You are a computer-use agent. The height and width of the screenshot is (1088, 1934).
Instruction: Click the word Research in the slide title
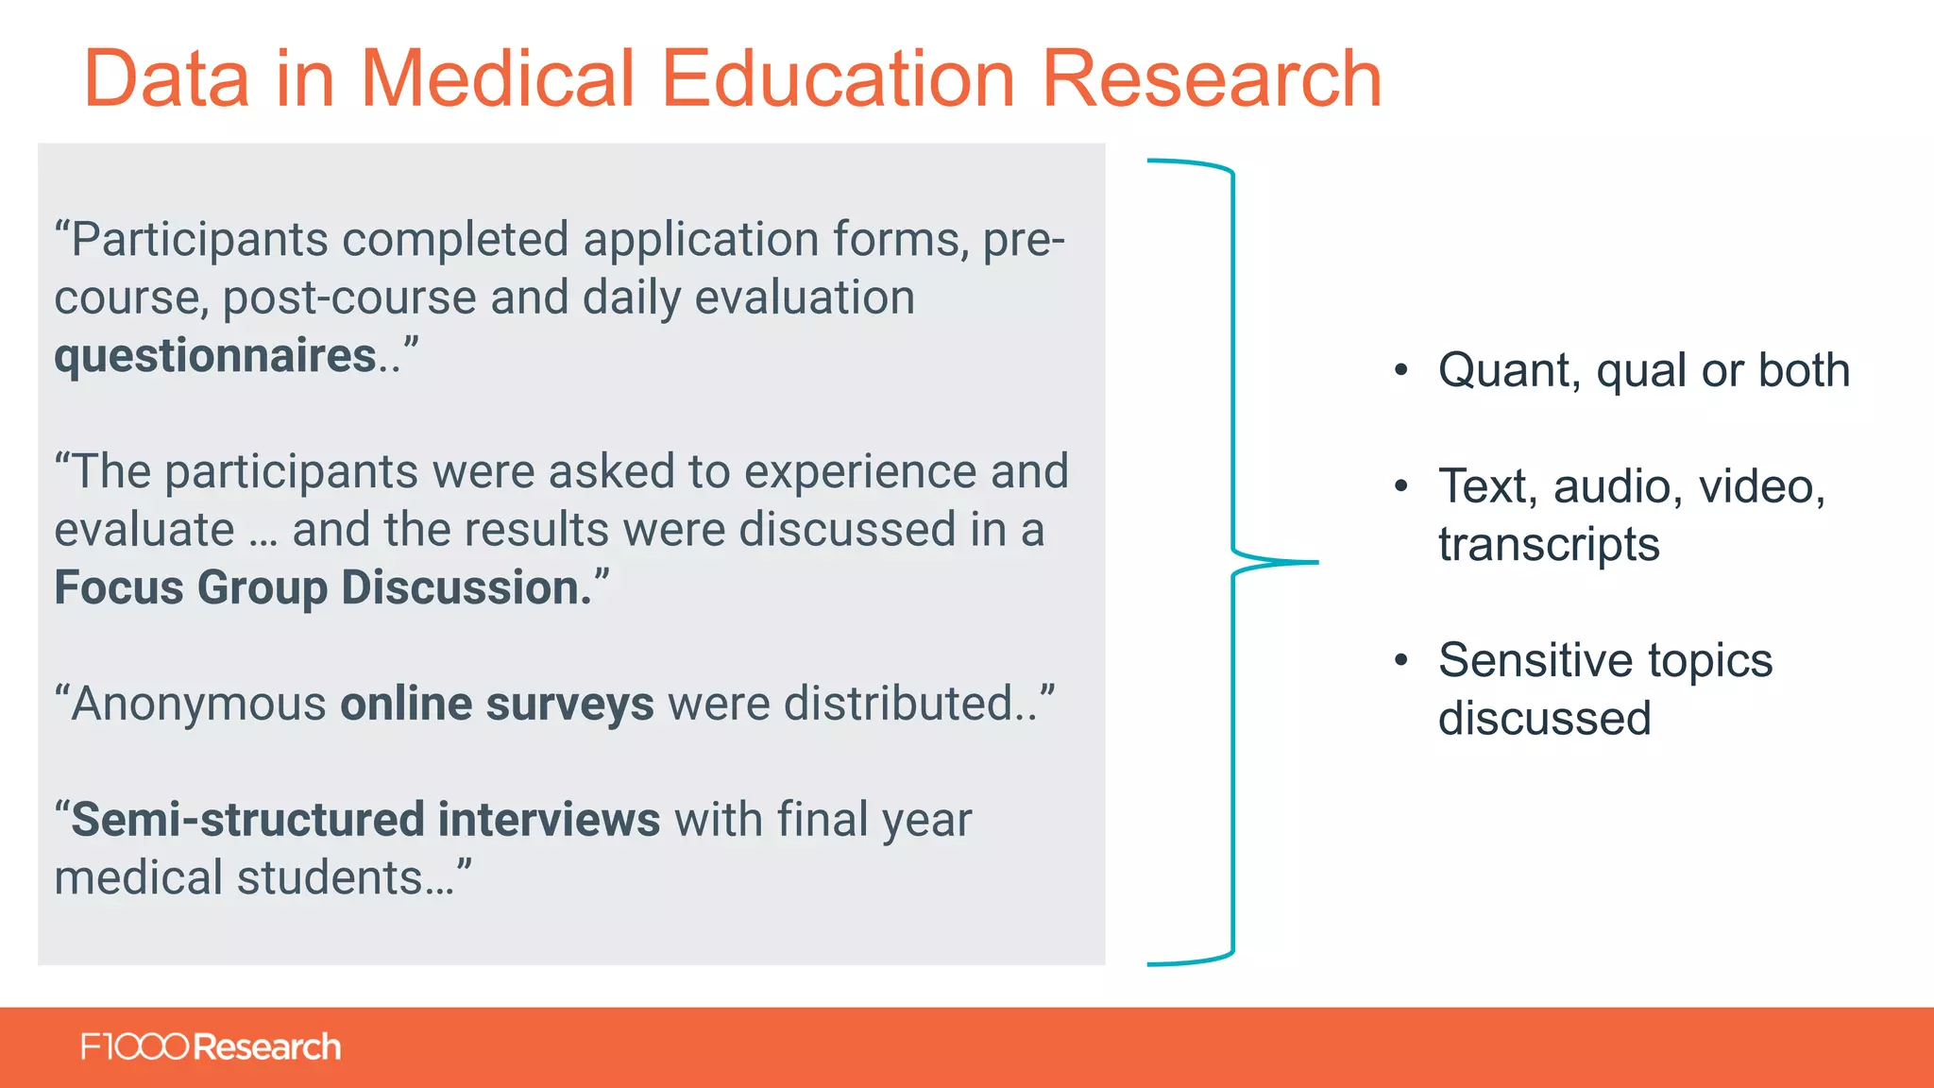(1211, 79)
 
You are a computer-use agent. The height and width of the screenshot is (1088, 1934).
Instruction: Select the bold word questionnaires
(215, 356)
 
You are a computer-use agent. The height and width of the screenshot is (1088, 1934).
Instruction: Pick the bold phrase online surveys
(497, 704)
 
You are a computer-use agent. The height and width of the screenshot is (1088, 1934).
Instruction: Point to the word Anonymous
(198, 705)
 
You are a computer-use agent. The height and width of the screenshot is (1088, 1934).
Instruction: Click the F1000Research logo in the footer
(211, 1047)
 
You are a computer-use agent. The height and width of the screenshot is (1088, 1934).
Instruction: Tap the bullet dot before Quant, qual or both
(1401, 370)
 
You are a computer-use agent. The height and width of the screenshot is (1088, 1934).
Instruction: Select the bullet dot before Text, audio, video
(1401, 486)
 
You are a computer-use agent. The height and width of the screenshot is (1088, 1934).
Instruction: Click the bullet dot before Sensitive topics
(1401, 660)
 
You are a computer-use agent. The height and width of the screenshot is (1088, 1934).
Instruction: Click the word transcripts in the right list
(1549, 545)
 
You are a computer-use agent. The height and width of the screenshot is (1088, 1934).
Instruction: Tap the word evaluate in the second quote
(144, 530)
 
